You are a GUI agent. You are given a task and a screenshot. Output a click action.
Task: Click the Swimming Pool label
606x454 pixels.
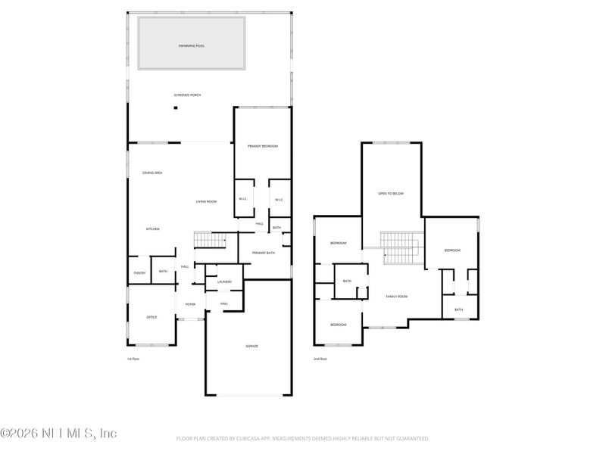pos(191,46)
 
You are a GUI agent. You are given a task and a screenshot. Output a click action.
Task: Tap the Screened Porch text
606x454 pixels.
pos(187,95)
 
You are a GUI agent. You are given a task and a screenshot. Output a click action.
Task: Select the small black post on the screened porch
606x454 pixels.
pos(176,108)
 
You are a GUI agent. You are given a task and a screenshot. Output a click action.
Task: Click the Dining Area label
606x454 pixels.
pos(153,173)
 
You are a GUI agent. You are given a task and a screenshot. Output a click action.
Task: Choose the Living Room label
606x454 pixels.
pos(206,201)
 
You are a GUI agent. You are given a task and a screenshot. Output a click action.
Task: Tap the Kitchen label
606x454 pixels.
pos(152,229)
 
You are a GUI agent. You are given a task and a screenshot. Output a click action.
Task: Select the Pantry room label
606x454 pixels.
pos(139,272)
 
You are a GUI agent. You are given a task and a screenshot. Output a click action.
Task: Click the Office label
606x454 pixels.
pos(151,317)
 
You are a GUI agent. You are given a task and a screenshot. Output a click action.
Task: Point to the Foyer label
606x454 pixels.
pos(190,304)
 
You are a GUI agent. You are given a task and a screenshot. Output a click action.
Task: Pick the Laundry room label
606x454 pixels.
pos(223,281)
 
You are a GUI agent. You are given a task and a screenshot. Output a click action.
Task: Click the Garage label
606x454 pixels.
pos(251,346)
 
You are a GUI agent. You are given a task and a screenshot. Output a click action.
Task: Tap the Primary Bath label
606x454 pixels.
pos(263,253)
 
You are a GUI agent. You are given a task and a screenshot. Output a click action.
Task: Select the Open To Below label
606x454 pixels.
pos(391,194)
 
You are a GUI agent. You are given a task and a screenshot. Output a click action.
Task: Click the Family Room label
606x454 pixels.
pos(397,297)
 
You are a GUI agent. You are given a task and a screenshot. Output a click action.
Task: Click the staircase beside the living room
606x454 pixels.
pos(211,240)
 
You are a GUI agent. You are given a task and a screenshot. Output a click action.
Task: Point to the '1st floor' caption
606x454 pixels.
pos(133,359)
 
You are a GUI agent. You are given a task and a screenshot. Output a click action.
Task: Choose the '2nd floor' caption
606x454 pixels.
pos(320,359)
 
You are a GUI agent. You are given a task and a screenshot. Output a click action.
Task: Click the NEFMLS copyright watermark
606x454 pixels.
pos(58,434)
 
